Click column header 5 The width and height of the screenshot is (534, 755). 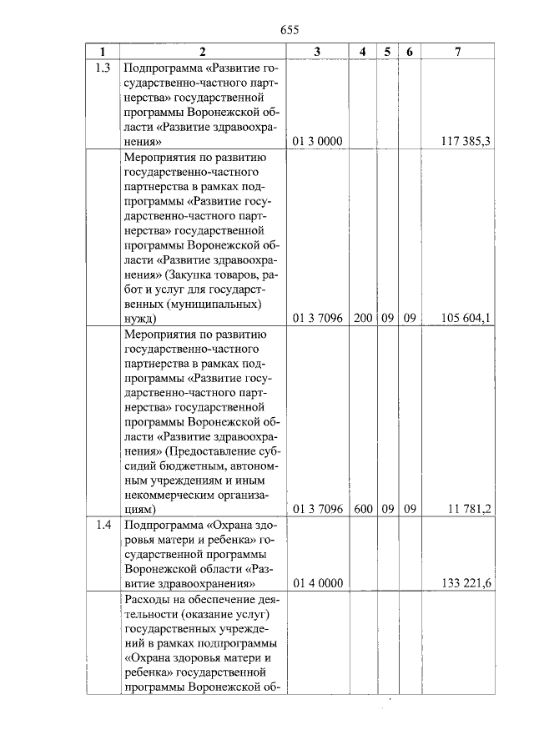387,52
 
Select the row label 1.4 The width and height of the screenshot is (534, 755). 103,525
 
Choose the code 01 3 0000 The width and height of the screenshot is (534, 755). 318,142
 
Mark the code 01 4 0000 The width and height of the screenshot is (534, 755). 318,583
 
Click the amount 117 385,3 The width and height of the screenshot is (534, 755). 465,142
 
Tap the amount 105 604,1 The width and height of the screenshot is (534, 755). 465,318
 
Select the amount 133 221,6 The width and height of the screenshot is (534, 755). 465,583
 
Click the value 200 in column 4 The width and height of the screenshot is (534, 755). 363,318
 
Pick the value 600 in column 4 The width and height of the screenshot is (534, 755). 363,508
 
